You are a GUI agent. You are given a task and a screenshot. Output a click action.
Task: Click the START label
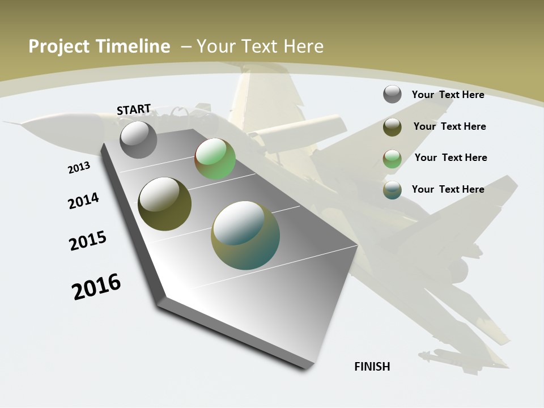[x=134, y=109]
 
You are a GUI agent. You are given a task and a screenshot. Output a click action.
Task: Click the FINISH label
[x=372, y=367]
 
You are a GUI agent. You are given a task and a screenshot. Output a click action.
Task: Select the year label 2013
[x=79, y=168]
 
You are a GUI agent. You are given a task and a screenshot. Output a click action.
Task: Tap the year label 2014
[x=83, y=201]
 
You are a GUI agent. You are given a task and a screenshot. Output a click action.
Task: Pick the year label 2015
[x=88, y=241]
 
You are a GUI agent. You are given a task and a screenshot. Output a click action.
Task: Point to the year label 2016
[x=96, y=287]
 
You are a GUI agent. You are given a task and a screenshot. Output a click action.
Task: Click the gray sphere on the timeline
[x=139, y=139]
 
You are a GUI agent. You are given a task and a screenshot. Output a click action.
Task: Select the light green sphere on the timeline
[x=215, y=159]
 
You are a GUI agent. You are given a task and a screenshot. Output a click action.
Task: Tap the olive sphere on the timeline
[x=165, y=204]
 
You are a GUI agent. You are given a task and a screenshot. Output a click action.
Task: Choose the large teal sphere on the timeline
[x=245, y=235]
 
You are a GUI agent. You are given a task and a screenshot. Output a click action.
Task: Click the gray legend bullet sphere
[x=392, y=94]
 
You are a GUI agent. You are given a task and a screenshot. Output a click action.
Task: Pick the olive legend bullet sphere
[x=392, y=127]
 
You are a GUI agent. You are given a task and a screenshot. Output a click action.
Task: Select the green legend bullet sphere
[x=392, y=159]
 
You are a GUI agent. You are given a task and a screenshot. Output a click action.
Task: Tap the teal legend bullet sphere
[x=392, y=190]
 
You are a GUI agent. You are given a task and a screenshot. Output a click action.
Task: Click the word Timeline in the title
[x=134, y=46]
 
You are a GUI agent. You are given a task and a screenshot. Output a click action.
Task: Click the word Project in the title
[x=59, y=46]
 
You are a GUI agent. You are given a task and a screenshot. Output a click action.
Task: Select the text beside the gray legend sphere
[x=448, y=95]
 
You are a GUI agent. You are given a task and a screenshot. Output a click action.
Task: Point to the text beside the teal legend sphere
[x=448, y=189]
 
